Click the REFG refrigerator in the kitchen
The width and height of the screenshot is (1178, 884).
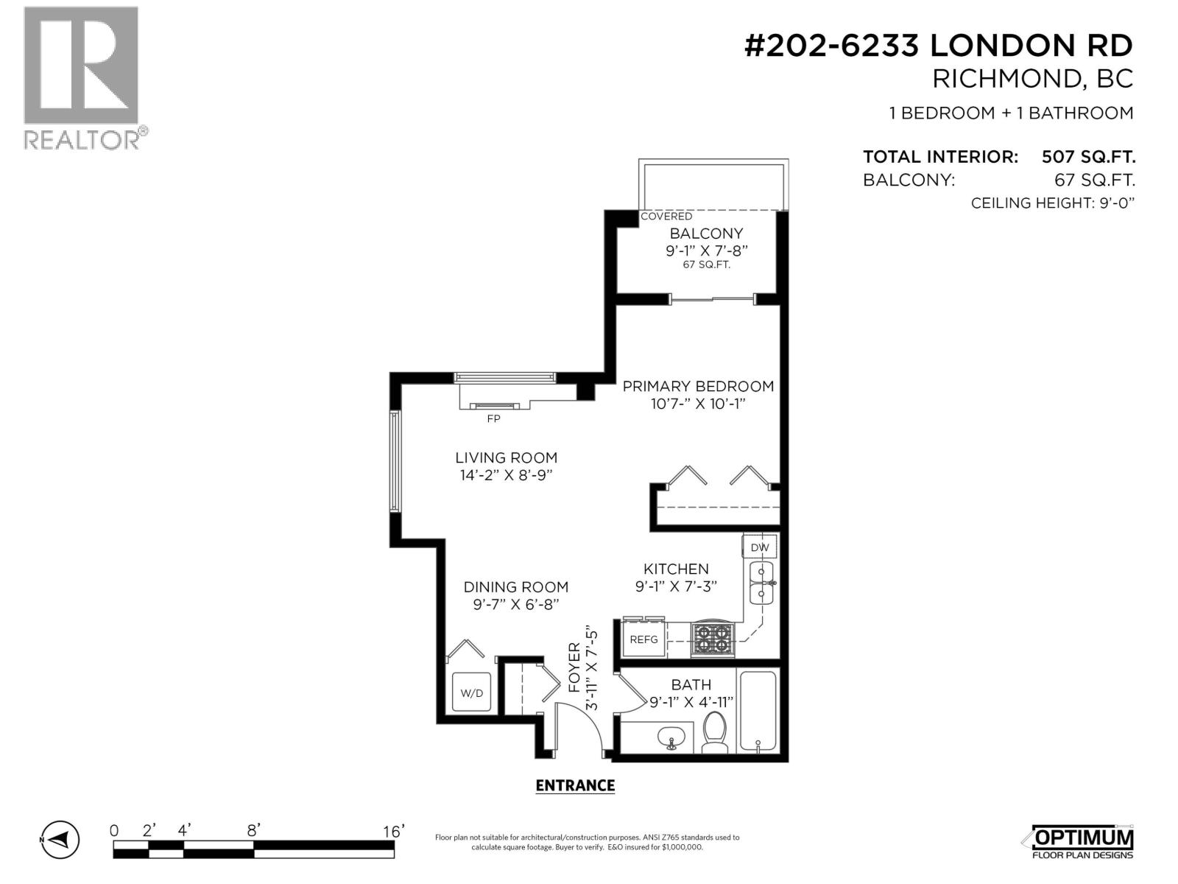pos(643,639)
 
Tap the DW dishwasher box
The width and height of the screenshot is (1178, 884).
pos(759,547)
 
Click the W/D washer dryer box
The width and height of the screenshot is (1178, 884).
pos(471,692)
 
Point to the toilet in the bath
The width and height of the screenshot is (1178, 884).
pos(714,732)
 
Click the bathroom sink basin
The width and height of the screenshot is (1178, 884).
pos(671,737)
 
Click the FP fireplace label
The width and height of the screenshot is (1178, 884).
pos(493,418)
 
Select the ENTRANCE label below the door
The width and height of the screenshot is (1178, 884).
pos(575,785)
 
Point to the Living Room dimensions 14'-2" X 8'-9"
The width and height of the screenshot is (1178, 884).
pos(506,475)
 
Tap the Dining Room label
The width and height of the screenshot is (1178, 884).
pos(515,587)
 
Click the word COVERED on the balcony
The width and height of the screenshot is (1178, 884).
pos(666,217)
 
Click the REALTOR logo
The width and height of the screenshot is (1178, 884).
pos(81,77)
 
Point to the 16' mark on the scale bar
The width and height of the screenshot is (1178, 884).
pos(393,832)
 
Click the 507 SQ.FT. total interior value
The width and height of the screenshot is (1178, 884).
pos(1087,157)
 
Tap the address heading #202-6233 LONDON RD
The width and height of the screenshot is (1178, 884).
pos(938,46)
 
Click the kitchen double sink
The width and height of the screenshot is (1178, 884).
pos(761,583)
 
